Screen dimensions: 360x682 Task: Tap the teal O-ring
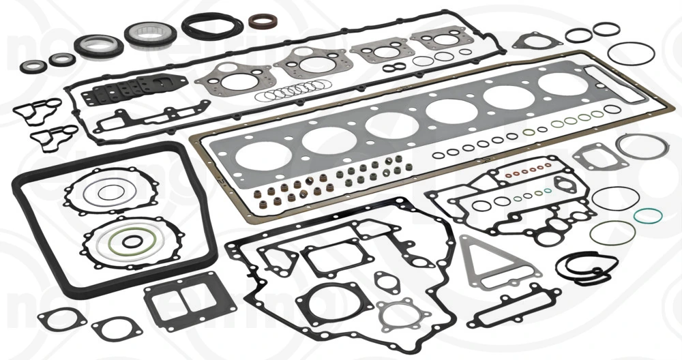(647, 217)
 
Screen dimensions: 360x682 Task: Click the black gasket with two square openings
(179, 305)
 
